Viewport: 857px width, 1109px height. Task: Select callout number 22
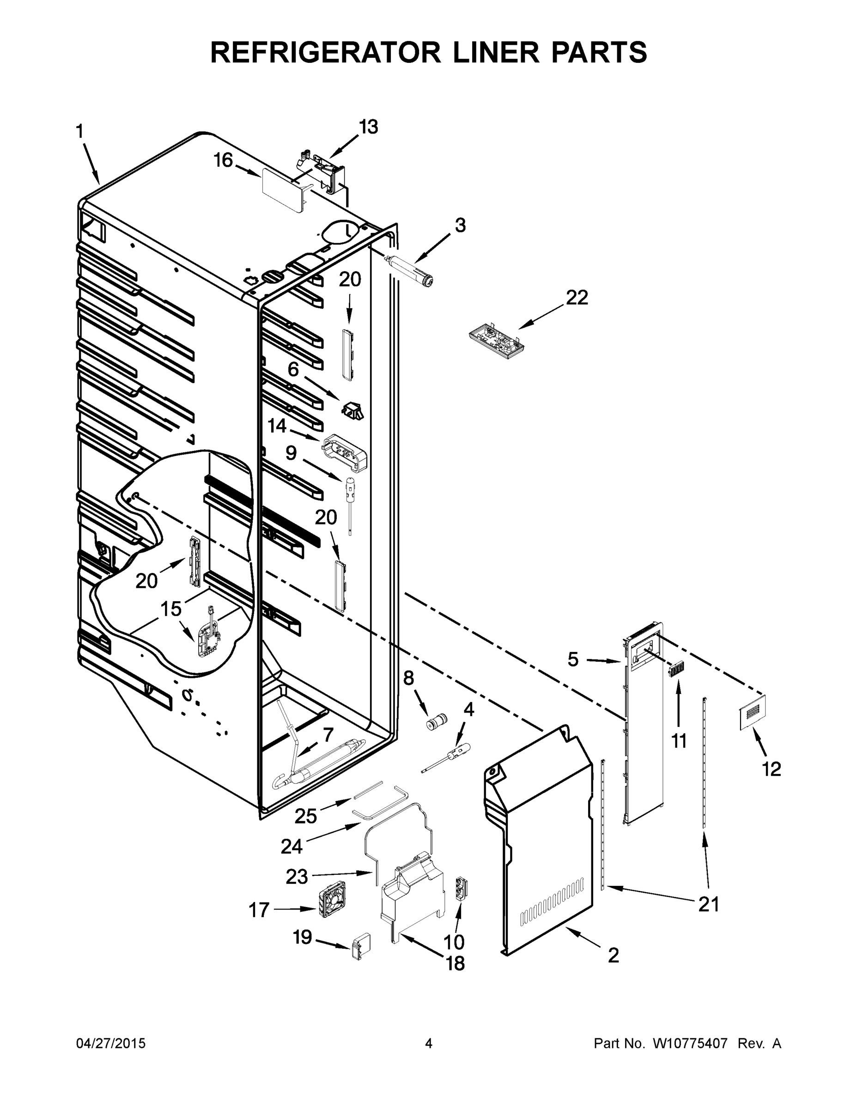coord(577,298)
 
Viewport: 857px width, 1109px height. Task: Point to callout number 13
coord(369,127)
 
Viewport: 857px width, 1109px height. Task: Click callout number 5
coord(573,659)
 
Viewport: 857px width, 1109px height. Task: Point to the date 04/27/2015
coord(111,1044)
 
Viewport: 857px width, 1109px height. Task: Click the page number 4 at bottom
coord(429,1044)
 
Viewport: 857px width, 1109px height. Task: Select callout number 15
coord(171,608)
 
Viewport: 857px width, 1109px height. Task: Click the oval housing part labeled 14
coord(344,453)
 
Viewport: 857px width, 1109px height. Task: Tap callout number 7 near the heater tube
coord(328,735)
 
